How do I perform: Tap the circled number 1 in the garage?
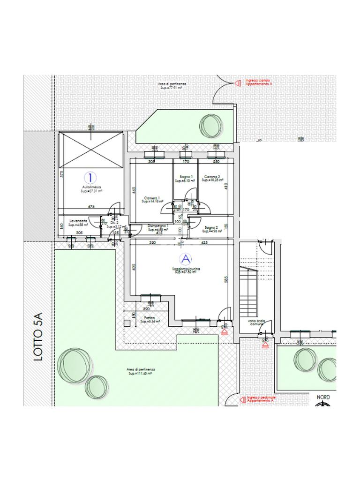pyautogui.click(x=90, y=177)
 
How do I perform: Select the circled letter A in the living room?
pyautogui.click(x=186, y=259)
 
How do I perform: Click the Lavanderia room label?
pyautogui.click(x=78, y=221)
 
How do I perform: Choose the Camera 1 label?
pyautogui.click(x=152, y=198)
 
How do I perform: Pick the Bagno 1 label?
pyautogui.click(x=181, y=177)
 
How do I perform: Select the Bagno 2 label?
pyautogui.click(x=210, y=227)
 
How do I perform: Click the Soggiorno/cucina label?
pyautogui.click(x=186, y=269)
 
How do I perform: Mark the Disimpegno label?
pyautogui.click(x=157, y=226)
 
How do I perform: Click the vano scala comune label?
pyautogui.click(x=257, y=323)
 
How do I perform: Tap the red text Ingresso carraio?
pyautogui.click(x=258, y=81)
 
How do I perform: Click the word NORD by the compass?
pyautogui.click(x=323, y=397)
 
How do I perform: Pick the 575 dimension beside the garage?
pyautogui.click(x=61, y=173)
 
